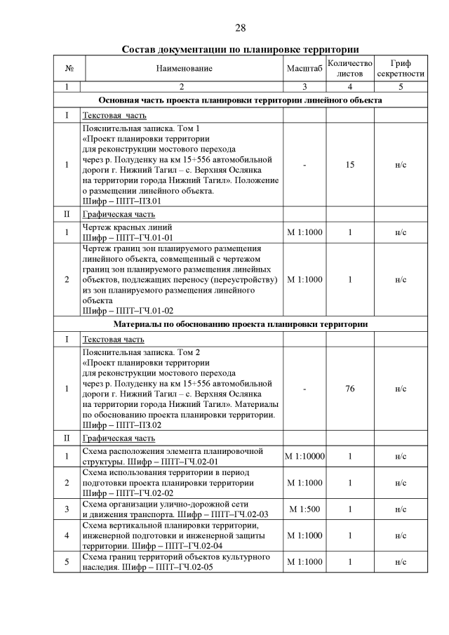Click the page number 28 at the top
(240, 28)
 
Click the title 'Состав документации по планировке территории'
(240, 49)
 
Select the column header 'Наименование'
(181, 68)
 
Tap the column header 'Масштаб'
(304, 68)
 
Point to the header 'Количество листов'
(349, 68)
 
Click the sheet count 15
(349, 165)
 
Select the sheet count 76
(349, 388)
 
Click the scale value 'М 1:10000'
(304, 457)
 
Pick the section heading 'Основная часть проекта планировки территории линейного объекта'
(240, 100)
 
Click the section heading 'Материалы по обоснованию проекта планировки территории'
(240, 324)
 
